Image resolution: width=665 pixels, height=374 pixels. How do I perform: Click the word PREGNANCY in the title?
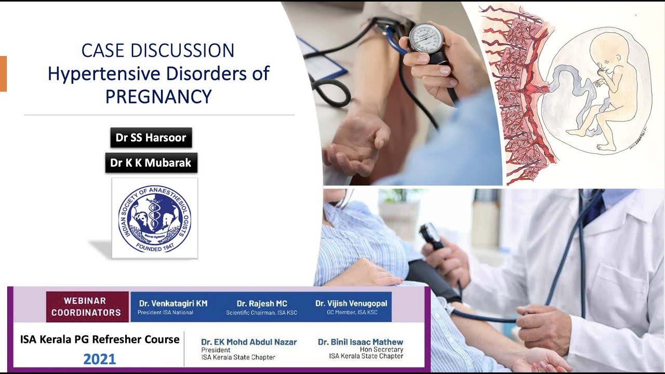(158, 97)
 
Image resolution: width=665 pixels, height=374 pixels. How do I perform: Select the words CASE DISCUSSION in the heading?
(158, 50)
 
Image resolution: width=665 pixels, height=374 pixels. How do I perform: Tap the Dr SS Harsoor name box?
(151, 138)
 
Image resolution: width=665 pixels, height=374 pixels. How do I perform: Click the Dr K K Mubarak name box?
(151, 163)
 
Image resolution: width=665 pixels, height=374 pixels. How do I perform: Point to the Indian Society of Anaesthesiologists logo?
(155, 218)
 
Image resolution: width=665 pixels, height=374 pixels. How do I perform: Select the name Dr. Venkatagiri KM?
(173, 303)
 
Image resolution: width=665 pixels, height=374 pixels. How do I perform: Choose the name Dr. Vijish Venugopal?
(351, 303)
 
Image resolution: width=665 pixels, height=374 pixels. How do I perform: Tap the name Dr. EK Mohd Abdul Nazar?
(249, 342)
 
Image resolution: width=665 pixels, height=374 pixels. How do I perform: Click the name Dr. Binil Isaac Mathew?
(361, 342)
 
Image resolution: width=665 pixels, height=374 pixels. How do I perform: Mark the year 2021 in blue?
(99, 359)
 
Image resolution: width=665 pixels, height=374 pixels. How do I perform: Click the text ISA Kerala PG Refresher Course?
(100, 340)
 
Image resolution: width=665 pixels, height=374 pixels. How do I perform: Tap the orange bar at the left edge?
(3, 73)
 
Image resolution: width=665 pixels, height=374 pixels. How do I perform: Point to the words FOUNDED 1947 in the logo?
(155, 247)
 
